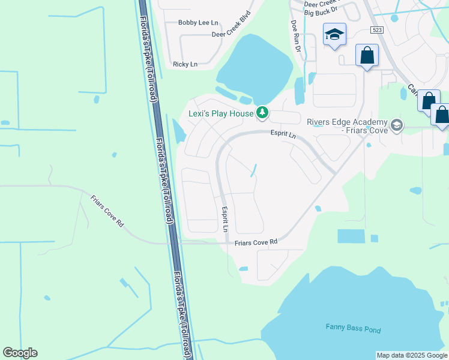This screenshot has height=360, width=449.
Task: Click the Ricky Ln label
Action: coord(185,64)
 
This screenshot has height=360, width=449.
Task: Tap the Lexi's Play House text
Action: coord(220,113)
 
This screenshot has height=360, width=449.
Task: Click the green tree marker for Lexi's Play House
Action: coord(262,112)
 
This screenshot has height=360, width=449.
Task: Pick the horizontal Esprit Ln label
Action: coord(283,136)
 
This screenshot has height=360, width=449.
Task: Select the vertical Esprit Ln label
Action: coord(225,220)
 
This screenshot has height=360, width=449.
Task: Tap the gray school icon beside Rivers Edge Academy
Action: coord(396,125)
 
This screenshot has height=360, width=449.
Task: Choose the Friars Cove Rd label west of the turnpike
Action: coord(107,211)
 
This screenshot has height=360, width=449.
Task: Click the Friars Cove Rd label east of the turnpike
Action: coord(256,242)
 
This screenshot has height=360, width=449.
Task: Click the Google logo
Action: coord(20,353)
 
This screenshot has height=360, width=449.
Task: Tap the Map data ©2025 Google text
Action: coord(411,355)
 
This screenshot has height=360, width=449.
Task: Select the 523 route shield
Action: coord(377,29)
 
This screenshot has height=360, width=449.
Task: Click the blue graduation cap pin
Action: coord(334,34)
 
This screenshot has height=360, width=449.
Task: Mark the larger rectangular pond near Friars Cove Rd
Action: coord(351,236)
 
